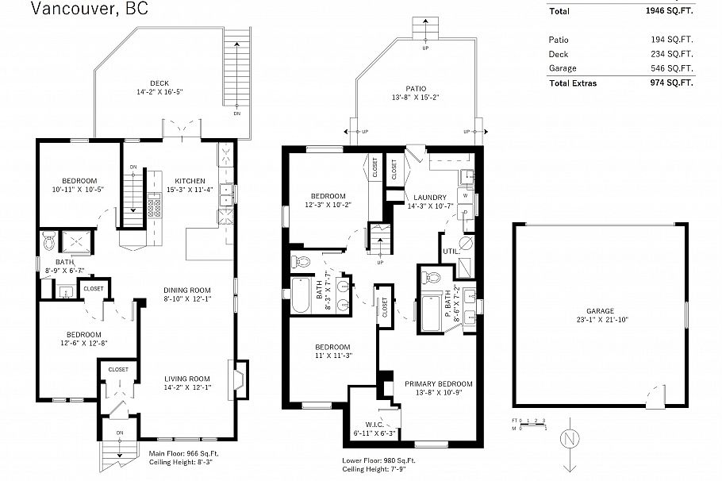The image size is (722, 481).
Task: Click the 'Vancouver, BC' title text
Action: pyautogui.click(x=89, y=10)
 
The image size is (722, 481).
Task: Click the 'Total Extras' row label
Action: pyautogui.click(x=572, y=83)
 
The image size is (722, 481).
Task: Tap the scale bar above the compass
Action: pyautogui.click(x=529, y=424)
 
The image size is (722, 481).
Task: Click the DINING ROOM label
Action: pyautogui.click(x=186, y=290)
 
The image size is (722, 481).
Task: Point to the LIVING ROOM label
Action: pyautogui.click(x=186, y=379)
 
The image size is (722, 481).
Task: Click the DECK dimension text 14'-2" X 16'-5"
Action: pyautogui.click(x=159, y=92)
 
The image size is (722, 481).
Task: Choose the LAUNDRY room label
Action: pyautogui.click(x=429, y=198)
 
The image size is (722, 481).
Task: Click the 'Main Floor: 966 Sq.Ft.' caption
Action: pyautogui.click(x=183, y=453)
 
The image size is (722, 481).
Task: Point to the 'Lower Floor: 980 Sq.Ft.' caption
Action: pyautogui.click(x=378, y=460)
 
